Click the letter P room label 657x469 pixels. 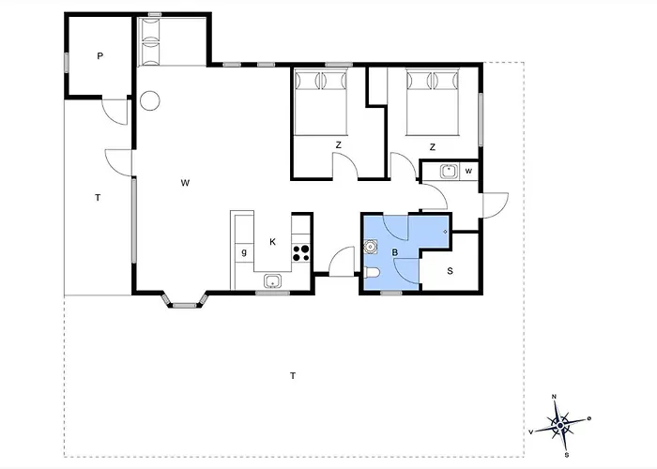pyautogui.click(x=99, y=55)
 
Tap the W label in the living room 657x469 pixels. pyautogui.click(x=185, y=183)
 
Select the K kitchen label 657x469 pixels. pyautogui.click(x=273, y=242)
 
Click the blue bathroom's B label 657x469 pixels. pyautogui.click(x=395, y=252)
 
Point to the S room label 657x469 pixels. pyautogui.click(x=450, y=271)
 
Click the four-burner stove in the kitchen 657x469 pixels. pyautogui.click(x=301, y=253)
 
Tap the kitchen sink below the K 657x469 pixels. pyautogui.click(x=273, y=281)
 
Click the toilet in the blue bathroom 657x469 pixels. pyautogui.click(x=372, y=273)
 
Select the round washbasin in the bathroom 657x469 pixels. pyautogui.click(x=371, y=247)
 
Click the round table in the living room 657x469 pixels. pyautogui.click(x=149, y=100)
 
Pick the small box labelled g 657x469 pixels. pyautogui.click(x=244, y=252)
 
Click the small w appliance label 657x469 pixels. pyautogui.click(x=468, y=171)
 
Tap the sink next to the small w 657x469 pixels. pyautogui.click(x=449, y=172)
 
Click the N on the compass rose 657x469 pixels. pyautogui.click(x=554, y=397)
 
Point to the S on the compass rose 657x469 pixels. pyautogui.click(x=567, y=455)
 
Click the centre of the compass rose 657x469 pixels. pyautogui.click(x=560, y=426)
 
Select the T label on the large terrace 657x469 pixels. pyautogui.click(x=293, y=375)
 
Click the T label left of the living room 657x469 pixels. pyautogui.click(x=98, y=198)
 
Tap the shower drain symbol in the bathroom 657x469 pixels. pyautogui.click(x=445, y=232)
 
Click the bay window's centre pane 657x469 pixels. pyautogui.click(x=185, y=305)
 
